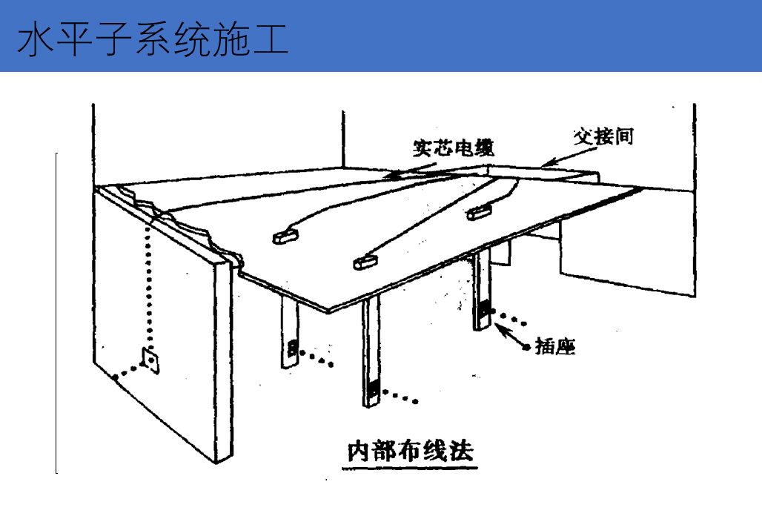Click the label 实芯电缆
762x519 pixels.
pyautogui.click(x=453, y=148)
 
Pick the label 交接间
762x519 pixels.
pyautogui.click(x=603, y=136)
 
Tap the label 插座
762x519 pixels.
pyautogui.click(x=555, y=346)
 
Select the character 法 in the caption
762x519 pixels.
pyautogui.click(x=460, y=451)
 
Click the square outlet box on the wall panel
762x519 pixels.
pyautogui.click(x=151, y=361)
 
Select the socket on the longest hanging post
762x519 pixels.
pyautogui.click(x=372, y=389)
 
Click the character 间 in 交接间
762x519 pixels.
pyautogui.click(x=623, y=136)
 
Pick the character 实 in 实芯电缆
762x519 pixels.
pyautogui.click(x=423, y=148)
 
